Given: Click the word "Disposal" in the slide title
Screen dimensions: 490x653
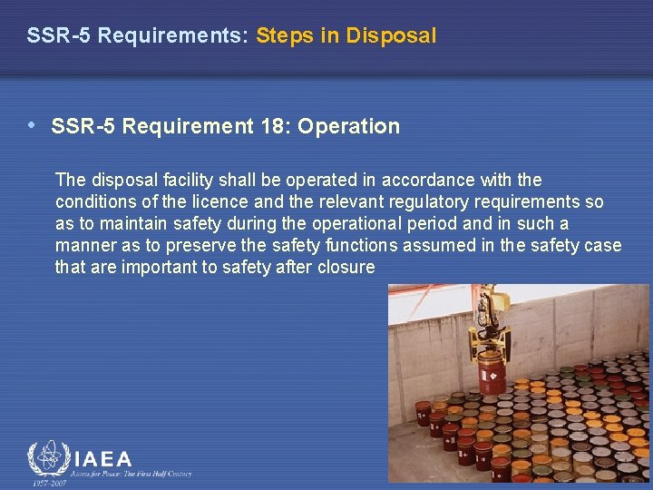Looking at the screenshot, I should (396, 36).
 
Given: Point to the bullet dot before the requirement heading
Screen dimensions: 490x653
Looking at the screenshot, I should (33, 125).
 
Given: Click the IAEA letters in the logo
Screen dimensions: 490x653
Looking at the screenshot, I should (101, 460).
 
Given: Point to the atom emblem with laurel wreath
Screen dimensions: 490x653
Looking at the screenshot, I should (46, 460).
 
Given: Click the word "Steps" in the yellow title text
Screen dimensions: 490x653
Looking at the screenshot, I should (286, 36).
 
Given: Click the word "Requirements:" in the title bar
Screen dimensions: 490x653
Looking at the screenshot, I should (172, 36).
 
